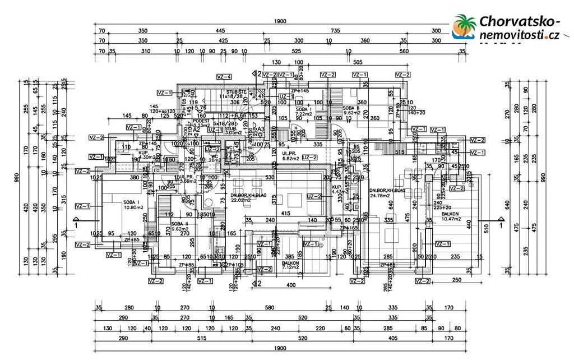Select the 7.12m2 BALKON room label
click(x=290, y=265)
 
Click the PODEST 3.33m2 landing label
click(x=201, y=123)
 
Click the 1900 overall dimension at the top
click(x=280, y=21)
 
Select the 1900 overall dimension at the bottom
click(x=280, y=348)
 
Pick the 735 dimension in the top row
click(x=335, y=31)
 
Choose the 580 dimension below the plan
click(x=270, y=307)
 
